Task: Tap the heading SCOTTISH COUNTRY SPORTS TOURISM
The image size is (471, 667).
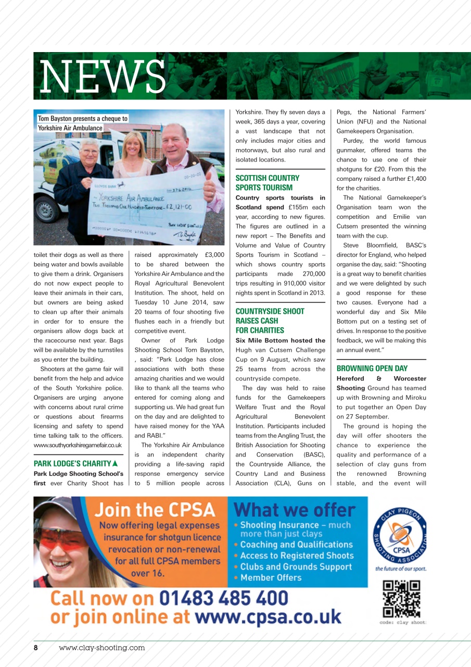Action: [x=268, y=183]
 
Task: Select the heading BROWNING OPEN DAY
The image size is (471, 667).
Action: [x=372, y=368]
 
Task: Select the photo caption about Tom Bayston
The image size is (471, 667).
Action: [x=82, y=123]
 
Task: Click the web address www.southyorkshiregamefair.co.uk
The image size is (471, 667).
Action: [x=78, y=445]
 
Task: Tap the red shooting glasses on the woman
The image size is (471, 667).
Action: [x=57, y=539]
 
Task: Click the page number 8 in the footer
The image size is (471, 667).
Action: [x=36, y=648]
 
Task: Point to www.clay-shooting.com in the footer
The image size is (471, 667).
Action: [x=102, y=648]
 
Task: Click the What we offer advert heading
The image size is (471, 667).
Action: [x=295, y=509]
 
